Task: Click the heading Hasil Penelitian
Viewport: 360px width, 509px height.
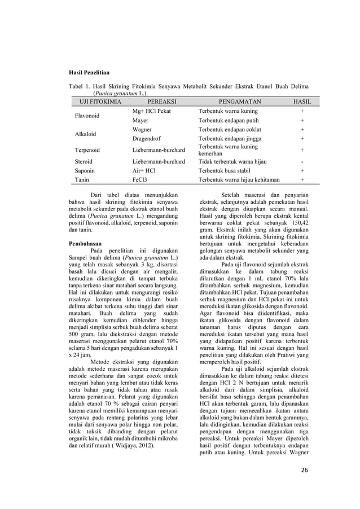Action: tap(85, 73)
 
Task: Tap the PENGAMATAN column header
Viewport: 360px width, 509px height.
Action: tap(239, 102)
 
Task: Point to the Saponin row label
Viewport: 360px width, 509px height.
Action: tap(84, 170)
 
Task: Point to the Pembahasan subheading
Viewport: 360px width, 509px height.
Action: tap(85, 243)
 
